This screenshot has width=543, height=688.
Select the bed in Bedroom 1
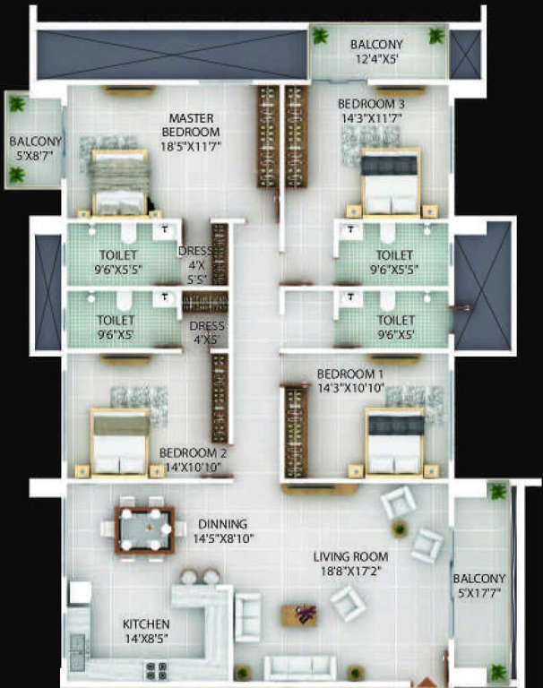(393, 443)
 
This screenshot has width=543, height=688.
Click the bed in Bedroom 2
(120, 443)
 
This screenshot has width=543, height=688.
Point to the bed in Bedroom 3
(390, 183)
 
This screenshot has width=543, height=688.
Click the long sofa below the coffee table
(300, 666)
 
